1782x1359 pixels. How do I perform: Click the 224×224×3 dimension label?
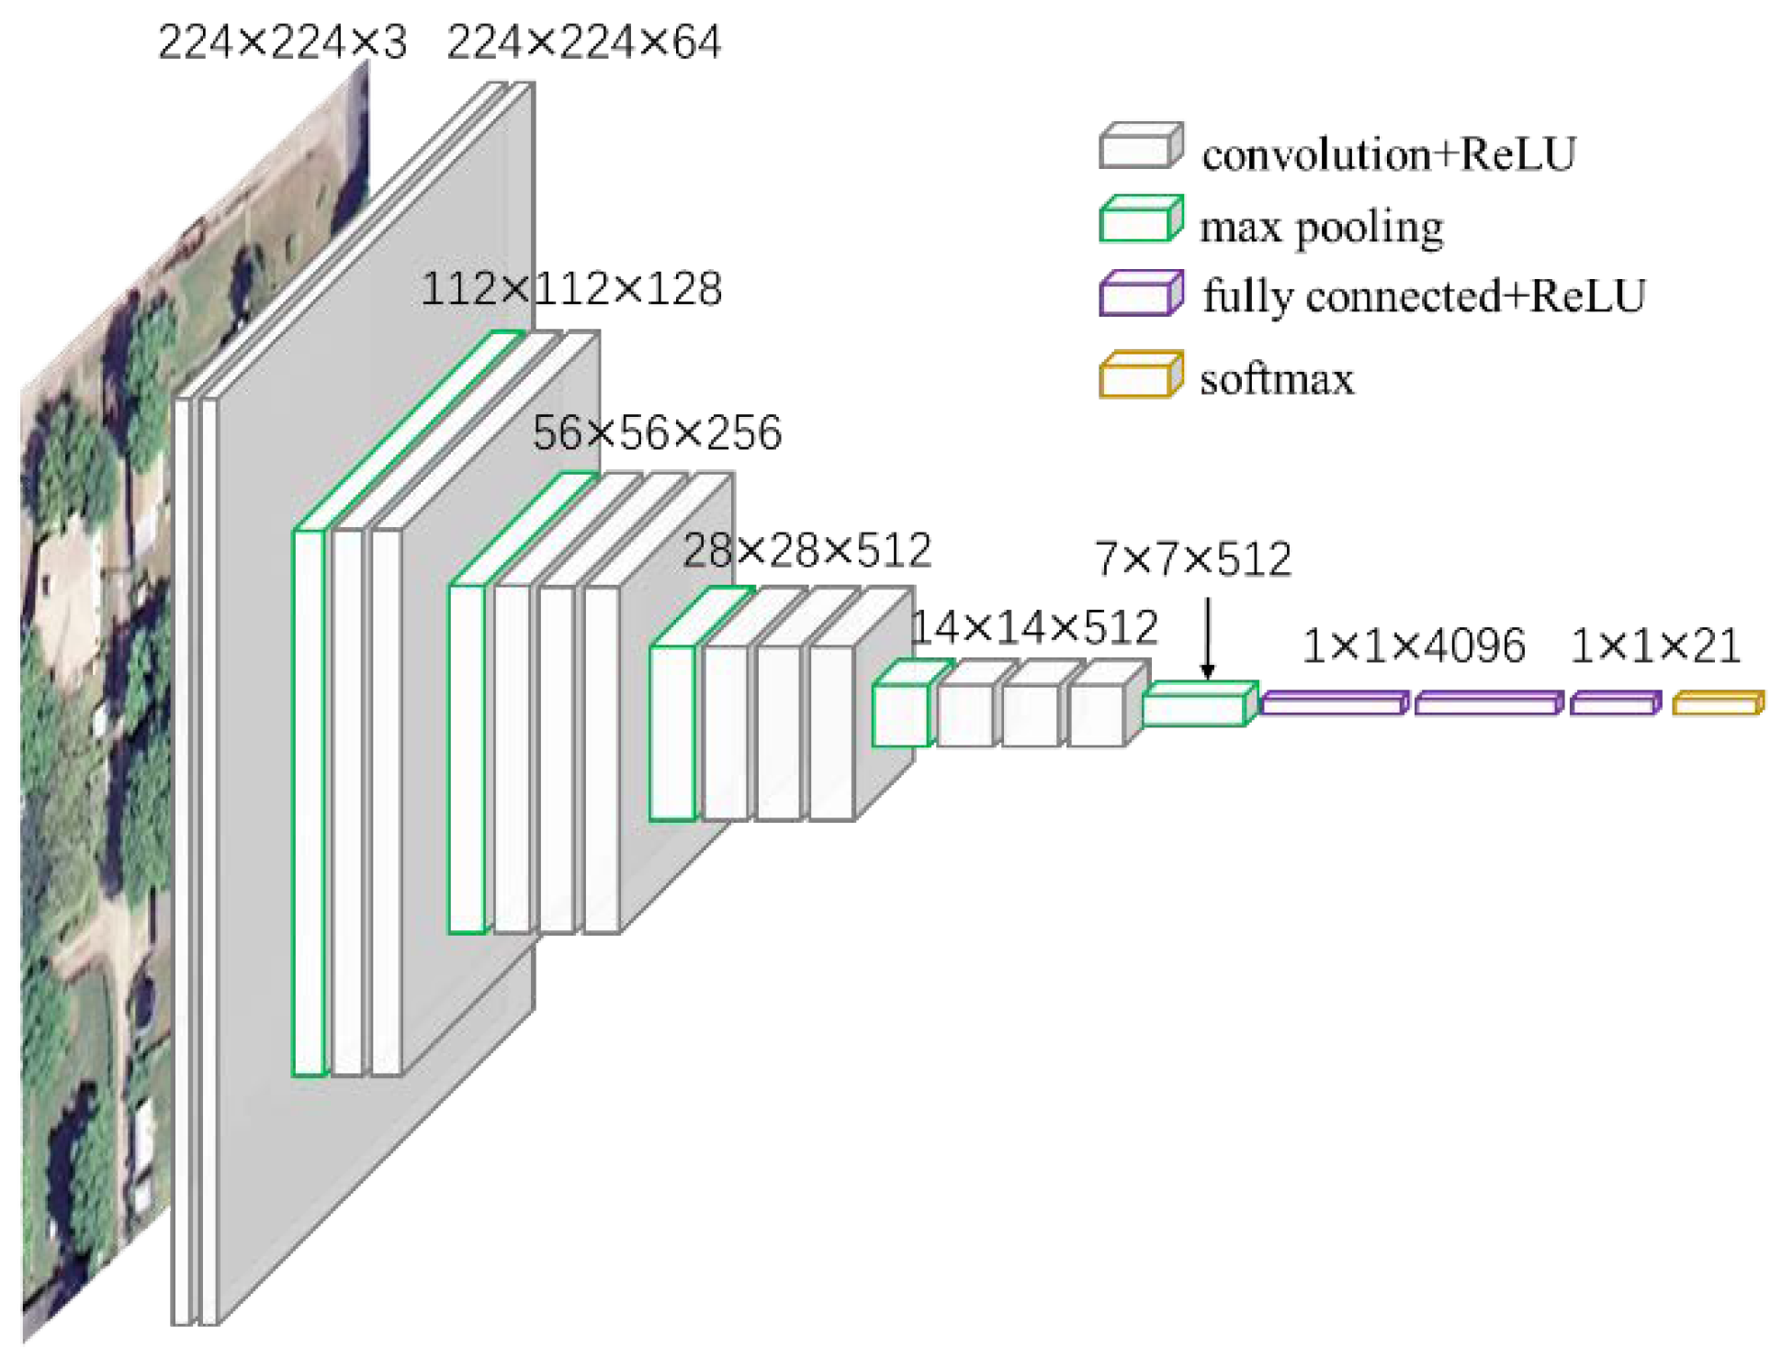pyautogui.click(x=282, y=42)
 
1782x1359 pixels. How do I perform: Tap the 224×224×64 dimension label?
pyautogui.click(x=584, y=42)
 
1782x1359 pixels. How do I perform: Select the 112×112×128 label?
pyautogui.click(x=571, y=289)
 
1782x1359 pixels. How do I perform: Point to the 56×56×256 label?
pyautogui.click(x=657, y=432)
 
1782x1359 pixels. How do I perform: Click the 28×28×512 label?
pyautogui.click(x=807, y=551)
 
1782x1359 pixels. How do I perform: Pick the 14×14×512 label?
pyautogui.click(x=1033, y=628)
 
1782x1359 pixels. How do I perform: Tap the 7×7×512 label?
pyautogui.click(x=1193, y=559)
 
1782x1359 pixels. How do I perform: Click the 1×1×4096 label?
pyautogui.click(x=1414, y=646)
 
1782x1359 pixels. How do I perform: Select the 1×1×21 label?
pyautogui.click(x=1656, y=646)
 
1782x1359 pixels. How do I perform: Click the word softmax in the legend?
pyautogui.click(x=1277, y=379)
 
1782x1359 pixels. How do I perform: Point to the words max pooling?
pyautogui.click(x=1321, y=227)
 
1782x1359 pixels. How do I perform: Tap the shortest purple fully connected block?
pyautogui.click(x=1615, y=703)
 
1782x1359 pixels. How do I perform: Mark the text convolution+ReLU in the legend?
pyautogui.click(x=1389, y=154)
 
